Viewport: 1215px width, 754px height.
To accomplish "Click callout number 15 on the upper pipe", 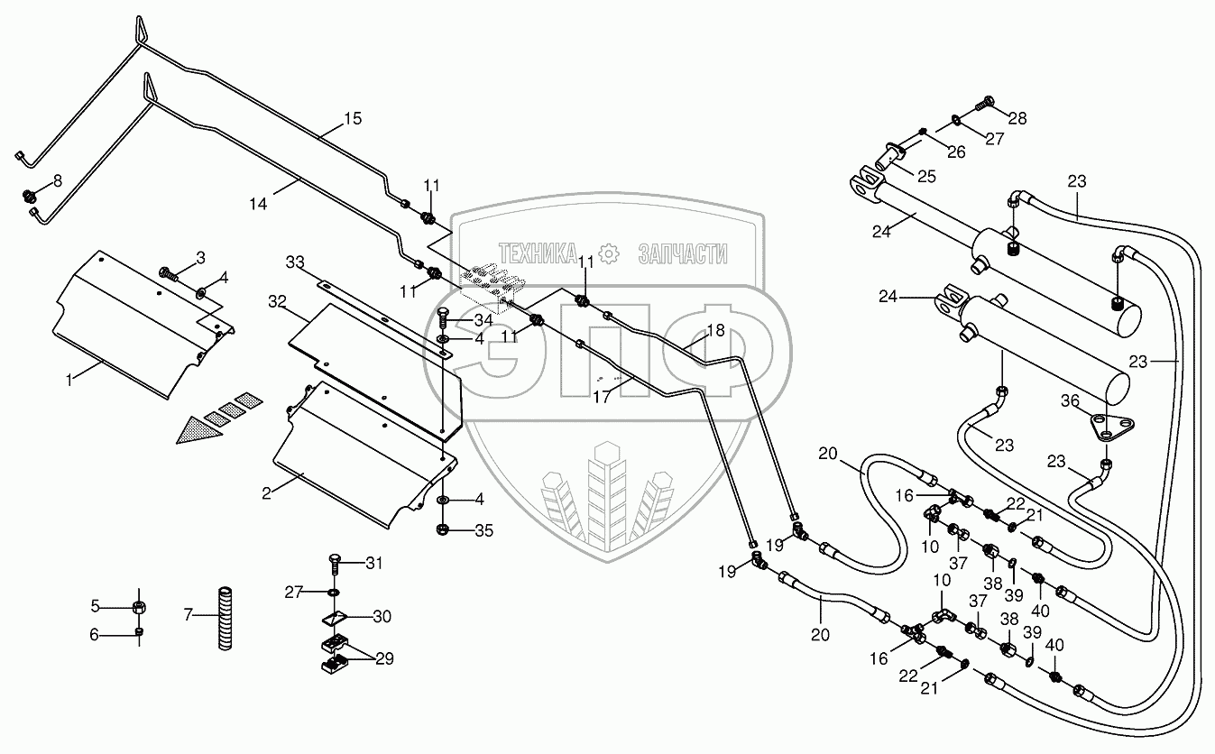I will tap(352, 118).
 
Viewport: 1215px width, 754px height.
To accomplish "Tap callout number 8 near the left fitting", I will tap(58, 180).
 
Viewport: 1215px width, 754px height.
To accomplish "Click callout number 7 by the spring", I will tap(188, 615).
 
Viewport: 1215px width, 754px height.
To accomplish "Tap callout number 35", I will tap(484, 531).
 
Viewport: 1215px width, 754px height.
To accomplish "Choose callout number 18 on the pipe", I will tap(714, 331).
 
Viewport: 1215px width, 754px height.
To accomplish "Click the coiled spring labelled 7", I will tap(224, 618).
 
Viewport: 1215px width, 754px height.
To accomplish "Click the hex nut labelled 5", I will tap(139, 605).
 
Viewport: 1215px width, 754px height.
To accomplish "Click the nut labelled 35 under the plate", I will tap(444, 530).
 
